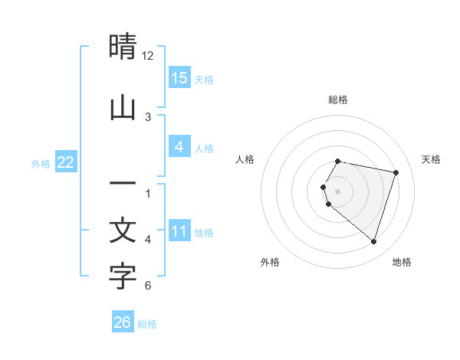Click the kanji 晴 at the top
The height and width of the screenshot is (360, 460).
point(123,47)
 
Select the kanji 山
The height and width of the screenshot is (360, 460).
point(123,108)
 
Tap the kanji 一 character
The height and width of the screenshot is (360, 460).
point(123,185)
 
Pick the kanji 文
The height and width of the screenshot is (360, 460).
point(123,231)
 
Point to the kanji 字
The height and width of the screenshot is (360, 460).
point(123,277)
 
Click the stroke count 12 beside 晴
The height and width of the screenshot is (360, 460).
point(148,56)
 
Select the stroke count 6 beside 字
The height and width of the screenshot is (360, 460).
point(148,286)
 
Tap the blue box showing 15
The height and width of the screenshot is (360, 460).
point(179,77)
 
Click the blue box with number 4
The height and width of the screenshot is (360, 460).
point(179,147)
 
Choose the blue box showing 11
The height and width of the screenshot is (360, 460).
point(179,231)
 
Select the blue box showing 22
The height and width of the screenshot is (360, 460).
point(66,162)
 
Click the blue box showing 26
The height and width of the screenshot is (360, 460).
point(123,322)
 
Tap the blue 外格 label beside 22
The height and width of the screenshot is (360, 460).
point(41,163)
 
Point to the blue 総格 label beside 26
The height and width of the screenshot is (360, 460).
point(147,324)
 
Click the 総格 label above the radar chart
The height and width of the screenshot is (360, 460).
point(338,100)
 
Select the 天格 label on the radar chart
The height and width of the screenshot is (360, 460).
point(431,159)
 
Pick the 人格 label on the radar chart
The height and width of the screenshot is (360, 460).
point(245,159)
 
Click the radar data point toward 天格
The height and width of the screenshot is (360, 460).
point(396,172)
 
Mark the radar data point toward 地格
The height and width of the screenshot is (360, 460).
point(373,241)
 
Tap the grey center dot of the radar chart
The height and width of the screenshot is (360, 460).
point(338,191)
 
